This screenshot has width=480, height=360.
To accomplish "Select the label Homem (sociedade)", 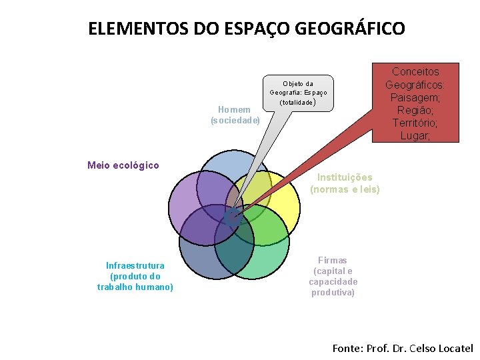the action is click(x=235, y=115).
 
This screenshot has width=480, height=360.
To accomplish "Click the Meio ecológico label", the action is click(x=123, y=165).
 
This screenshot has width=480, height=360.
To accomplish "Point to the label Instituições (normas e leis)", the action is click(x=345, y=183).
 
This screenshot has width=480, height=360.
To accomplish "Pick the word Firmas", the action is click(x=333, y=260).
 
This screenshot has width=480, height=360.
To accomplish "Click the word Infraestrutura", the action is click(x=135, y=265).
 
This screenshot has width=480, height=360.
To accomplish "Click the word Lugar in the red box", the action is click(x=416, y=136).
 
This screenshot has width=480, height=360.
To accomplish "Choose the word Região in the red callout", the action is click(x=416, y=111).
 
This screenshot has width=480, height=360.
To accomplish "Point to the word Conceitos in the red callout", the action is click(x=416, y=72).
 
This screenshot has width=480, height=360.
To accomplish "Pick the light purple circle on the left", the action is click(x=183, y=200).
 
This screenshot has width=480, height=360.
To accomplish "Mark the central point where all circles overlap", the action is click(x=232, y=215).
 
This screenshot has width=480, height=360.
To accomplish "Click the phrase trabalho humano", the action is click(x=135, y=287).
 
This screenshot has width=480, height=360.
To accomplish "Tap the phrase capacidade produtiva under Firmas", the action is click(x=333, y=287).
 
